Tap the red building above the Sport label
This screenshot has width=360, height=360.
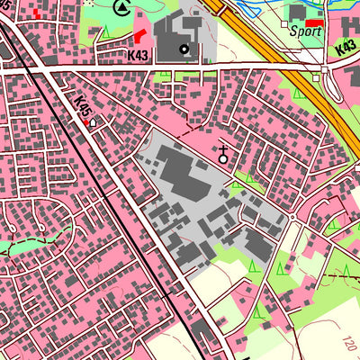312,22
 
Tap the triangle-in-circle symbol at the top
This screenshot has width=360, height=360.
122,8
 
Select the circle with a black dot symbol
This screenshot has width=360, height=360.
184,49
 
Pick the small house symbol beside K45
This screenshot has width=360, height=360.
93,121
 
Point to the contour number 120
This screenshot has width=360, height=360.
349,343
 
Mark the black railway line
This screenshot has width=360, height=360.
108,198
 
